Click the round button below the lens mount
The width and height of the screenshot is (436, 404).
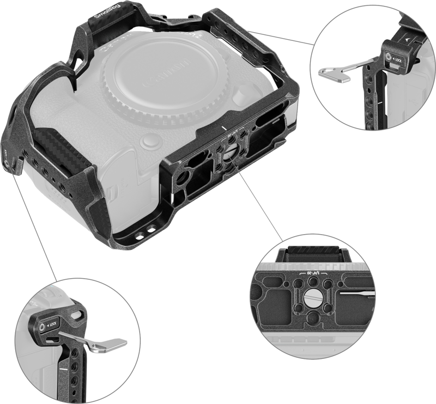point(147,143)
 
